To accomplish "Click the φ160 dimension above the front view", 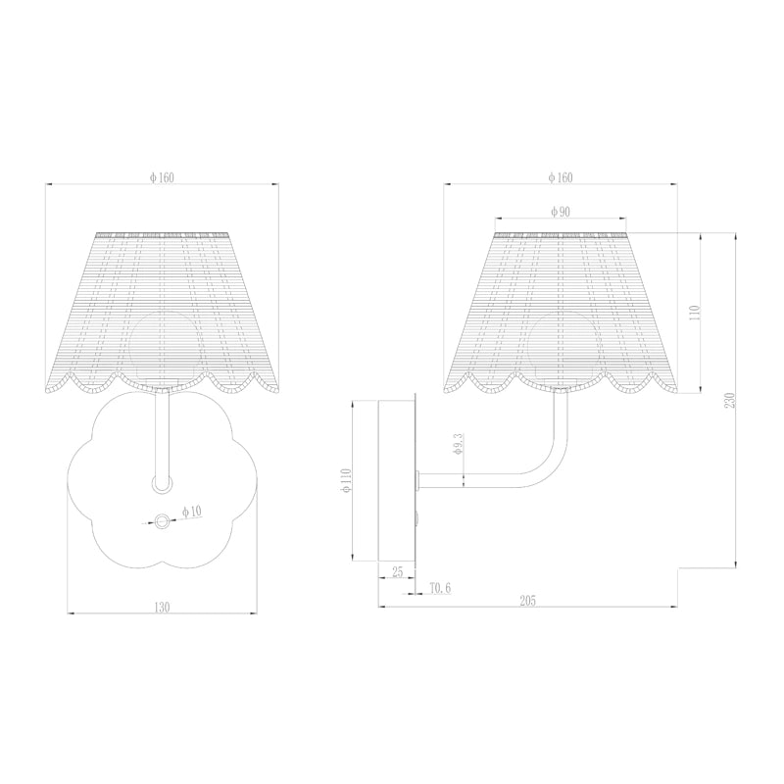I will (x=162, y=177).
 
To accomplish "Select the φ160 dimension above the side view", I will (x=561, y=177).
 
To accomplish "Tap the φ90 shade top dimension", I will (x=561, y=212).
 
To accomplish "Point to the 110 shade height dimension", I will (x=695, y=313).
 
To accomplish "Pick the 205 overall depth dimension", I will (x=528, y=600).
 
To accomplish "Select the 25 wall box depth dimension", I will (x=397, y=571).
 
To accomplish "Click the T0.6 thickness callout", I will (x=440, y=588).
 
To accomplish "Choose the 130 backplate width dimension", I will (x=162, y=608).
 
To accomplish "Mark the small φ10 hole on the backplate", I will (x=161, y=521).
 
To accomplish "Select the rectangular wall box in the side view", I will (x=398, y=479).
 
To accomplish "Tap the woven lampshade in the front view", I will (x=162, y=304).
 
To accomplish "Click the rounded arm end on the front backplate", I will (x=161, y=483).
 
